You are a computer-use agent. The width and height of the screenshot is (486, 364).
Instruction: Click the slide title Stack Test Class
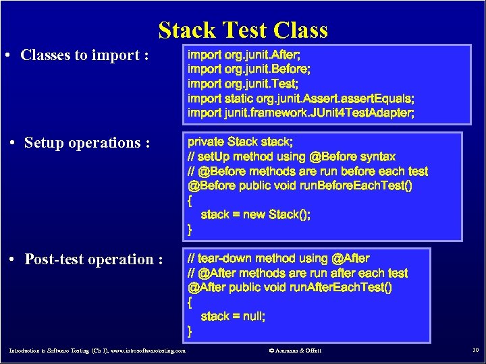click(243, 30)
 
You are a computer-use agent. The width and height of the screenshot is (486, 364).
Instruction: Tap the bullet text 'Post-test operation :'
click(94, 260)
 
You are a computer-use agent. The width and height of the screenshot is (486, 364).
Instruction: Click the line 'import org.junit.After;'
click(244, 54)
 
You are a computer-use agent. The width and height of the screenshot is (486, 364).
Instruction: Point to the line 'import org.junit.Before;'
click(249, 69)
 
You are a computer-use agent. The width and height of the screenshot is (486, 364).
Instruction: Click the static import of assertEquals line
click(301, 98)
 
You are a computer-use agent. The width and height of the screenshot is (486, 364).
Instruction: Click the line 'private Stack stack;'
click(240, 142)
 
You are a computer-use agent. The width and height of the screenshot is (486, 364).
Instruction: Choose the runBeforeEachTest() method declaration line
click(300, 186)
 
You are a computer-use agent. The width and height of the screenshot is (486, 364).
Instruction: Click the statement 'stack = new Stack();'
click(256, 215)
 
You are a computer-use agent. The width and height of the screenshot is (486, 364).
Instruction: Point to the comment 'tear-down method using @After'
click(278, 259)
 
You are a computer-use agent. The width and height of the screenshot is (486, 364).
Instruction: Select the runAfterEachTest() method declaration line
click(291, 288)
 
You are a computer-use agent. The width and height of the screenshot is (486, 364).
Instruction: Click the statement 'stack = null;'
click(233, 317)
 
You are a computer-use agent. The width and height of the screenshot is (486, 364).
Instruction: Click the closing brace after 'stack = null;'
click(190, 331)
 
